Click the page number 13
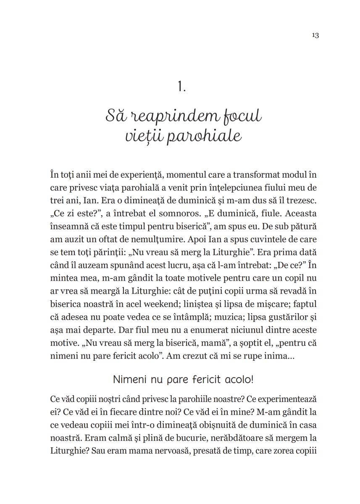click(315, 36)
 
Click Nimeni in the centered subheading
click(128, 380)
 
